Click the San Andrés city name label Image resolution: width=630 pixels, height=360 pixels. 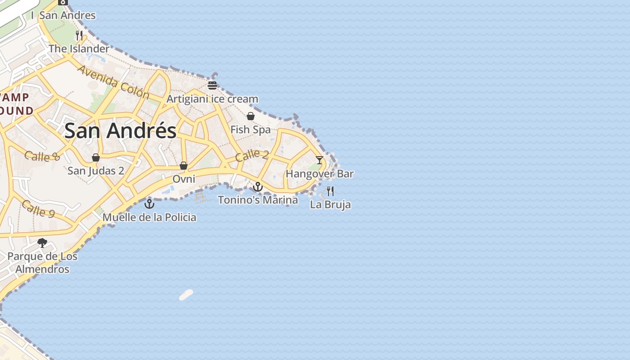(120, 131)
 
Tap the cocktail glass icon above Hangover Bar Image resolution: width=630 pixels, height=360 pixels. (319, 160)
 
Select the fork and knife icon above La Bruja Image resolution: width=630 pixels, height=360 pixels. (330, 191)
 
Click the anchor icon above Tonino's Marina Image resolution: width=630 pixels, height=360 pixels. (258, 186)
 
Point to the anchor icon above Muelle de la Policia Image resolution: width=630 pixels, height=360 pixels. (149, 204)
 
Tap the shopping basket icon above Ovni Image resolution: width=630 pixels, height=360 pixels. (184, 166)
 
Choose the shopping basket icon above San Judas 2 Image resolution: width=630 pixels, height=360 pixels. (96, 157)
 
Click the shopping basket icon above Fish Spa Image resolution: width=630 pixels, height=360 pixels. (251, 116)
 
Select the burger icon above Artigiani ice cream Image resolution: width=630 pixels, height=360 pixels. (212, 85)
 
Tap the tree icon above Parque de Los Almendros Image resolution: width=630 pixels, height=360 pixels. (42, 243)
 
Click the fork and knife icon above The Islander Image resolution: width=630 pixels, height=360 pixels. (79, 35)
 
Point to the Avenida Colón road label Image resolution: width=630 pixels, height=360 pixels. (113, 82)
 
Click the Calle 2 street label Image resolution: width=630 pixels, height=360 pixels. (252, 155)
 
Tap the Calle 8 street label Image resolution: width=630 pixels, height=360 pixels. (42, 156)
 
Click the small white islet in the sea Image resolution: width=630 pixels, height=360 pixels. (186, 295)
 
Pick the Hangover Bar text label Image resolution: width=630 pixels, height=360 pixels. (319, 174)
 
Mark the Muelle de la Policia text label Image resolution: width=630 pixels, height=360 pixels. (149, 217)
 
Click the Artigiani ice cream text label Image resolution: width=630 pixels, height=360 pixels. (212, 99)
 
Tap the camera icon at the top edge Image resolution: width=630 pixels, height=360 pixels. (63, 2)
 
